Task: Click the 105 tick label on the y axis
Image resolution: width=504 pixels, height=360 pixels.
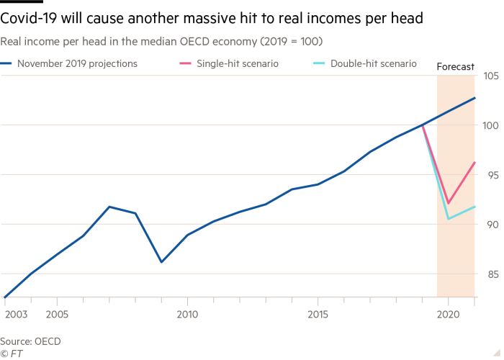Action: pos(493,76)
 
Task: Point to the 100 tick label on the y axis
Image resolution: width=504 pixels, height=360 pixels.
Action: pos(493,125)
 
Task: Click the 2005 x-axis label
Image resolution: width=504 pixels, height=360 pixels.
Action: pos(57,315)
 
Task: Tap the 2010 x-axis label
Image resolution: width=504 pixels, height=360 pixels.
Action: pos(187,315)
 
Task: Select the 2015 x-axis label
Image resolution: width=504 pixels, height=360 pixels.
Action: pos(318,315)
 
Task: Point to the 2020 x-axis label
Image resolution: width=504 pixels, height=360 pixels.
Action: pos(448,315)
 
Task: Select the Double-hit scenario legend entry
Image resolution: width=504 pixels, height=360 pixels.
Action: pos(373,64)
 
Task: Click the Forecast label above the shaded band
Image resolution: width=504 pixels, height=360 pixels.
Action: pos(456,67)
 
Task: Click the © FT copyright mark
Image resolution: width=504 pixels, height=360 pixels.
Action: pos(10,354)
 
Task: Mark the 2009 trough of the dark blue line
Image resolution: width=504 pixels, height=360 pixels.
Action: pos(161,261)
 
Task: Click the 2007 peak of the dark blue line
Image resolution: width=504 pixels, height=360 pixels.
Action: pos(109,207)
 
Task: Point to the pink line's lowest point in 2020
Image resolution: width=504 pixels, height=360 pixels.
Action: pos(448,204)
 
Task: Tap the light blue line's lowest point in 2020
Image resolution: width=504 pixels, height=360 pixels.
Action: pos(448,218)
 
